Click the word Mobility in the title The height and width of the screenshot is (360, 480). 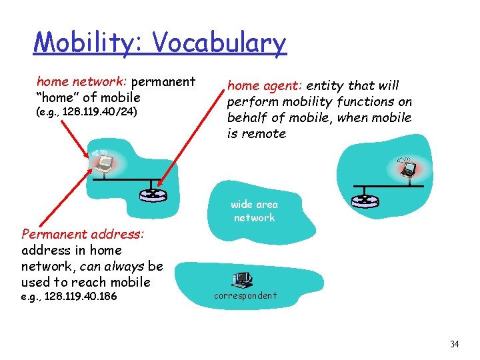coord(89,43)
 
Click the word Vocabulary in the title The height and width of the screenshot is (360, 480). coord(219,43)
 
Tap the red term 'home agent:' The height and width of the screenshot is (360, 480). coord(265,85)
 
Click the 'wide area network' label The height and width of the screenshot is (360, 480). coord(254,211)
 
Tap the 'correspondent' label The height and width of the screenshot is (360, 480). coord(245,295)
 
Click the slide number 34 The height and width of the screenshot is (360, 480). coord(454,344)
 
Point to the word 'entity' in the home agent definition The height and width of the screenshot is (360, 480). coord(326,85)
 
